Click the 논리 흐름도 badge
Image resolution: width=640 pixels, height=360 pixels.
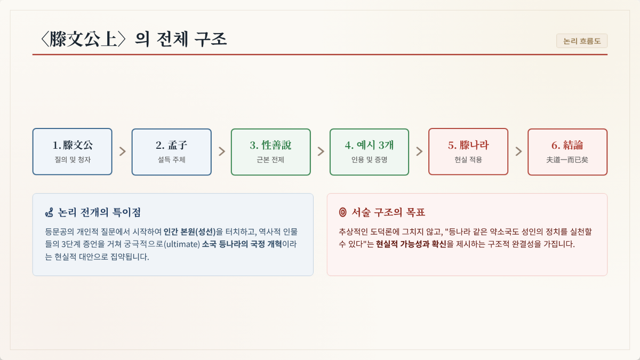point(582,41)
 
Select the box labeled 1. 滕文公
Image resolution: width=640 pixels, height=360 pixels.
point(73,151)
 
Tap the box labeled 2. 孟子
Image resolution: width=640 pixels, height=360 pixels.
point(171,151)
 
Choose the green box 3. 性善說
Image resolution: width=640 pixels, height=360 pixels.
point(270,151)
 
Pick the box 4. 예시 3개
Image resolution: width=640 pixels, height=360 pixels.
point(369,151)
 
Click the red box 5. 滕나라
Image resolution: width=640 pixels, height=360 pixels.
point(468,151)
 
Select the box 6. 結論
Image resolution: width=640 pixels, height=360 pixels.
point(567,151)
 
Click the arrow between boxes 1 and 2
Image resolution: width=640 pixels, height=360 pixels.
point(123,151)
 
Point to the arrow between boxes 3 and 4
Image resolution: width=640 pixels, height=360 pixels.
point(321,151)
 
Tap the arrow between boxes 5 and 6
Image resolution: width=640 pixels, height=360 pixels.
point(518,151)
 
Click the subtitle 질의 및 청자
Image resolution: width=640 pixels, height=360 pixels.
point(73,159)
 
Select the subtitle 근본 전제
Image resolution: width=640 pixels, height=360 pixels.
point(270,159)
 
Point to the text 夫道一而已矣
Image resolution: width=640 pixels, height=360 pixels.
point(567,159)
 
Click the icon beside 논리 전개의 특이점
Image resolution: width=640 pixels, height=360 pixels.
point(49,213)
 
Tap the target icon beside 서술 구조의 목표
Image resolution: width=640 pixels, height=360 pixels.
point(342,212)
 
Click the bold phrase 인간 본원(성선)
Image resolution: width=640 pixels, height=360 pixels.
point(189,231)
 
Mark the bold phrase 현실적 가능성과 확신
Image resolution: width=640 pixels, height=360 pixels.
point(411,244)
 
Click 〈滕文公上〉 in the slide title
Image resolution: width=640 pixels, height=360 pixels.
point(83,39)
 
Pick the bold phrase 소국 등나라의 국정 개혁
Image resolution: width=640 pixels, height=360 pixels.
point(242,244)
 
